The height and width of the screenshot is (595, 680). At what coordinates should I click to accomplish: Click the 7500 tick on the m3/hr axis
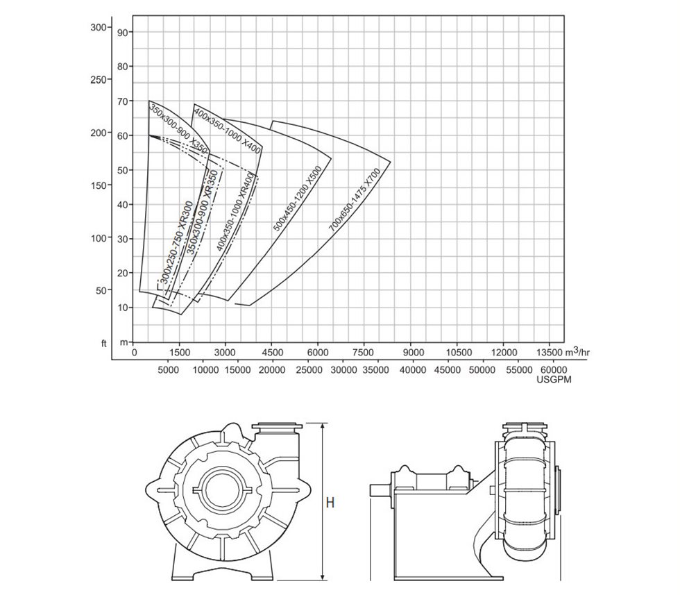pyautogui.click(x=364, y=352)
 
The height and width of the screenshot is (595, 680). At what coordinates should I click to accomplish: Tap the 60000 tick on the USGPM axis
pyautogui.click(x=553, y=371)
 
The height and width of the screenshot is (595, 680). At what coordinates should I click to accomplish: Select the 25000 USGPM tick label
pyautogui.click(x=308, y=371)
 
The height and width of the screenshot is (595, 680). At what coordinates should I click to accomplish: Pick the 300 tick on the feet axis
pyautogui.click(x=98, y=27)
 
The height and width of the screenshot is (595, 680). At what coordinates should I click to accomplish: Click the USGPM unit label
pyautogui.click(x=554, y=380)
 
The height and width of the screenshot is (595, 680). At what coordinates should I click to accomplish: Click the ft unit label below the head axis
pyautogui.click(x=103, y=344)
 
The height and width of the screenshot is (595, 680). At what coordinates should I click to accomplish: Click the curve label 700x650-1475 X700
pyautogui.click(x=355, y=200)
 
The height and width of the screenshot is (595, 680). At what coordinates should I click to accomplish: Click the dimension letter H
pyautogui.click(x=330, y=502)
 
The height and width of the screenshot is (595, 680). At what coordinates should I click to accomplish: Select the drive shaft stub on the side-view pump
pyautogui.click(x=380, y=489)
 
